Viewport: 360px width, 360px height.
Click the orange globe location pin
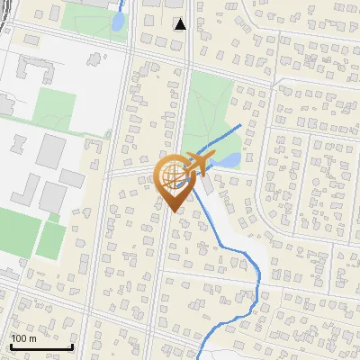(x=174, y=177)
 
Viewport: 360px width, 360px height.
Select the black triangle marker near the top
(x=180, y=24)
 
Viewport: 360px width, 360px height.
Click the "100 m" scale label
(x=23, y=338)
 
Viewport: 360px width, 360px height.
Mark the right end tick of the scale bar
(x=72, y=345)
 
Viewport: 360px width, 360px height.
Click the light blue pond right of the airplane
(x=229, y=160)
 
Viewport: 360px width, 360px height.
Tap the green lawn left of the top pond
(x=90, y=16)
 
